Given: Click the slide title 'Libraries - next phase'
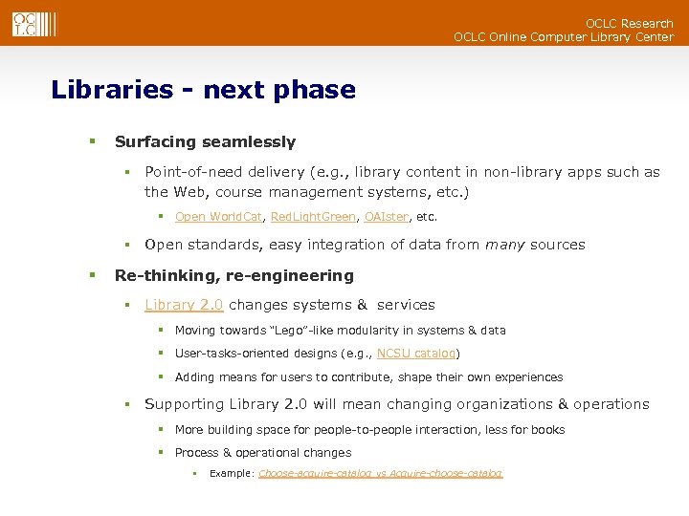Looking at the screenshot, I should click(x=203, y=90).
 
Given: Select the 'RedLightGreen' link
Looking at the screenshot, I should click(x=313, y=217).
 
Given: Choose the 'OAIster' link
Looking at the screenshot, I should click(x=387, y=217).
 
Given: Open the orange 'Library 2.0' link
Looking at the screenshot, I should click(x=184, y=305).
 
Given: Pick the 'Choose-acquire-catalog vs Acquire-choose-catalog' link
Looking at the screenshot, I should click(x=380, y=474).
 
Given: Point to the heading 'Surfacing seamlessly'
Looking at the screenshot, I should click(x=205, y=142).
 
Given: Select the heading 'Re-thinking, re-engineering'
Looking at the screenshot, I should click(x=233, y=276).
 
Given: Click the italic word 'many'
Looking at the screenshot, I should click(x=504, y=245).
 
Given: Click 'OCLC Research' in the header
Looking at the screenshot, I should click(x=629, y=23).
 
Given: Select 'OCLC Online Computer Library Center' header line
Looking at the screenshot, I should click(x=563, y=37).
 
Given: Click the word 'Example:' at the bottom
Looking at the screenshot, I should click(x=231, y=474).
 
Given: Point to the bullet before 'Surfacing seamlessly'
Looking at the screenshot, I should click(x=93, y=141).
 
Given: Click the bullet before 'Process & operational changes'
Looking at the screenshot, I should click(x=163, y=453).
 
